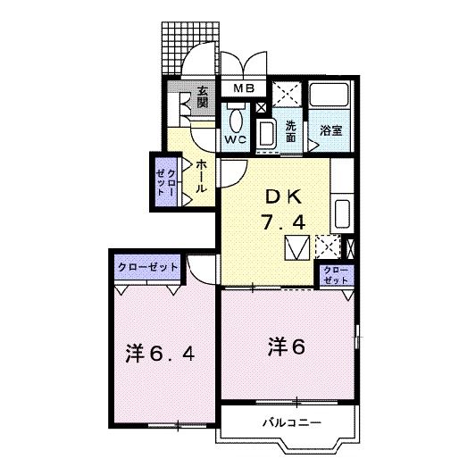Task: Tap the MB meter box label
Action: point(244,88)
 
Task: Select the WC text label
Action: point(235,140)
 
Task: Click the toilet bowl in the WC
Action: point(236,119)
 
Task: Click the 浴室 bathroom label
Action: point(332,130)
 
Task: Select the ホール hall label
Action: point(202,176)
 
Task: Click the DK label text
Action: point(280,196)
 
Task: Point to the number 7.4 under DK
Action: point(280,223)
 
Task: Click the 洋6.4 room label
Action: point(160,353)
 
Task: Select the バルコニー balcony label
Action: point(291,421)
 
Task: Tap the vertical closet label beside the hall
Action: point(166,181)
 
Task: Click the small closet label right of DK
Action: point(336,274)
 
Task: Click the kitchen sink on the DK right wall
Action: point(342,214)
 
